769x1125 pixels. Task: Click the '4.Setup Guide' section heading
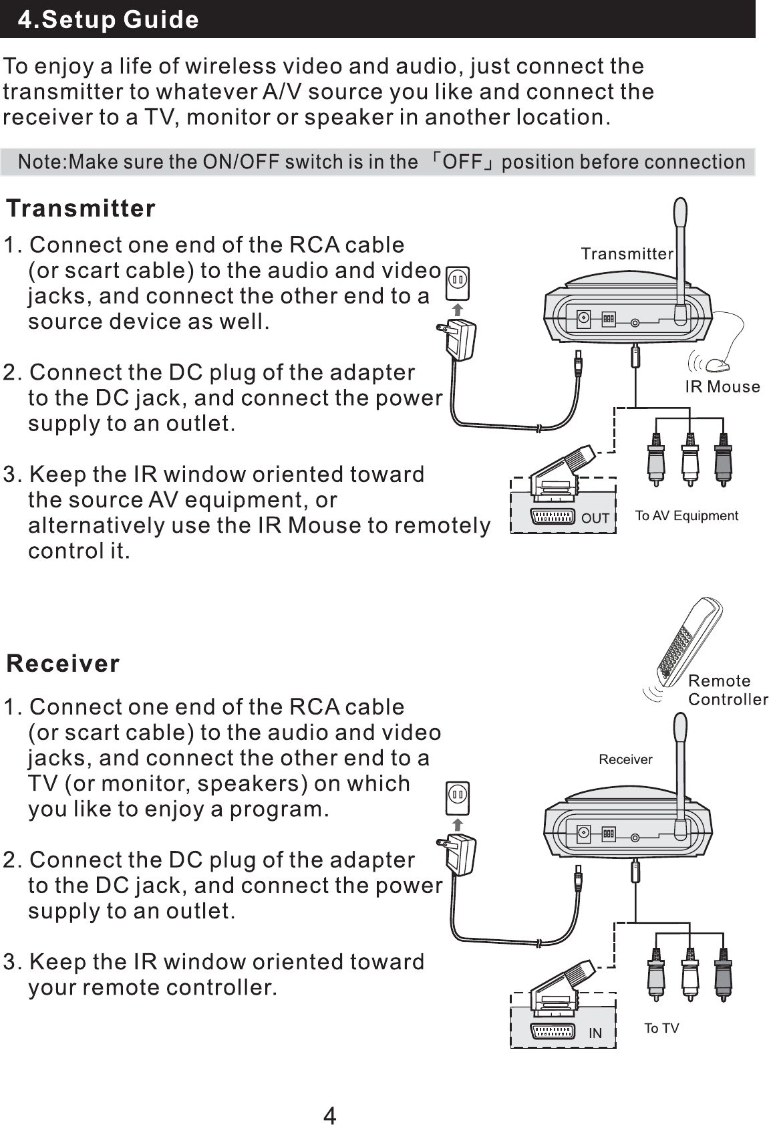point(108,19)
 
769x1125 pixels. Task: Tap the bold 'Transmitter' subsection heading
point(81,209)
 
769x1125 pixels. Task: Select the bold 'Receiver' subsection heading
point(63,664)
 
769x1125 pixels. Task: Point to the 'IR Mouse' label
point(722,387)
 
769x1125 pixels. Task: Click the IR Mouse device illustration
point(717,365)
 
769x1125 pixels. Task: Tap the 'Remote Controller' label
point(728,690)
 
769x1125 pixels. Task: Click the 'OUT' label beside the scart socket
point(595,518)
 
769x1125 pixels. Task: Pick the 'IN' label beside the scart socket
point(595,1033)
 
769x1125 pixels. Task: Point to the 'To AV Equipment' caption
point(686,515)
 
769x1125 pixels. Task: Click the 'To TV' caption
point(661,1028)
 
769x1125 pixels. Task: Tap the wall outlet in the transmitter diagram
point(458,283)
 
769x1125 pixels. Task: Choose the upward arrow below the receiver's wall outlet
point(458,824)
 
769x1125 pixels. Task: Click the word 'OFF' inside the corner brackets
point(463,162)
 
